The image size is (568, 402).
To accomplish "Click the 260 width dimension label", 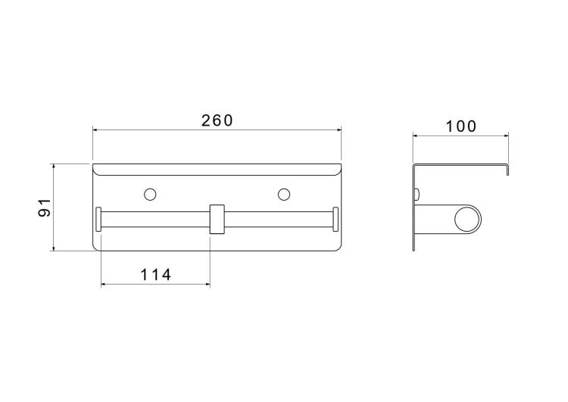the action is click(x=217, y=120).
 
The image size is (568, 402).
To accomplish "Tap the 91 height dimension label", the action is click(x=45, y=207).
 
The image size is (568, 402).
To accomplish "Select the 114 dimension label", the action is click(x=155, y=275).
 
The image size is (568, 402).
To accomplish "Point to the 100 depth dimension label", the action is click(x=460, y=126).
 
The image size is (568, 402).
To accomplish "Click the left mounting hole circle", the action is click(x=150, y=195).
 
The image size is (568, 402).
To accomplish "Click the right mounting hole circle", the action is click(x=284, y=195).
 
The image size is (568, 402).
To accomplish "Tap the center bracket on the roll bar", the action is click(x=217, y=219).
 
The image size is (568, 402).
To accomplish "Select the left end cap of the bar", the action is click(x=98, y=219).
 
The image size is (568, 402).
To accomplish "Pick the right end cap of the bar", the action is click(x=335, y=219).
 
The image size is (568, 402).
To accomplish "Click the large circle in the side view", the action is click(x=468, y=219).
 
